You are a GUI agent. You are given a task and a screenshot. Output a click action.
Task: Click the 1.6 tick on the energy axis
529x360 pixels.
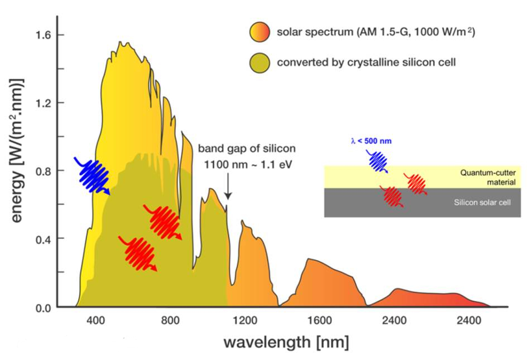42,35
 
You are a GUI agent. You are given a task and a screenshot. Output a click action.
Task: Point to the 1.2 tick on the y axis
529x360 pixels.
42,103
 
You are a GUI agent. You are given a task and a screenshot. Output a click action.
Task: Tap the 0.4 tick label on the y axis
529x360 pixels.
42,239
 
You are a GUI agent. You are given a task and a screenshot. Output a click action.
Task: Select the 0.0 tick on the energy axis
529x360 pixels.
42,308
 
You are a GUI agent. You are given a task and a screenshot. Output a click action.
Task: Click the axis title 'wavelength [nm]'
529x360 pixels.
286,342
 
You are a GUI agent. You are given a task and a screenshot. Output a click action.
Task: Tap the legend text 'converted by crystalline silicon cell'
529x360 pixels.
366,62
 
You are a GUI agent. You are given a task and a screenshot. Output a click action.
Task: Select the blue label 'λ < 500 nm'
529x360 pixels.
371,141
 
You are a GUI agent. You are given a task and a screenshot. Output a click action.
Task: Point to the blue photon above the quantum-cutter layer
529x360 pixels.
379,161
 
